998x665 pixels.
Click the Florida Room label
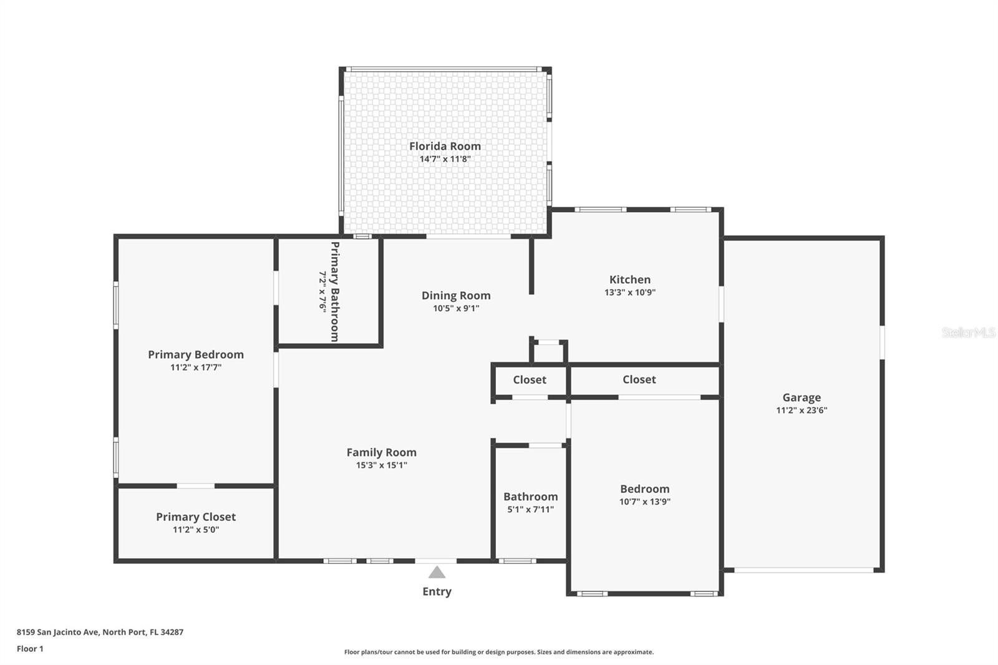point(445,146)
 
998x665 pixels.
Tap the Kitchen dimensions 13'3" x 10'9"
point(630,293)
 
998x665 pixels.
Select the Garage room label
point(802,397)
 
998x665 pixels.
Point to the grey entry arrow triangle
point(437,572)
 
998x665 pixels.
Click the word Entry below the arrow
point(437,591)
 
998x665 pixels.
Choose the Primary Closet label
point(196,517)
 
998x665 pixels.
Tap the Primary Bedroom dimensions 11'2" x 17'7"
point(196,367)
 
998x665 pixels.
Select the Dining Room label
point(456,296)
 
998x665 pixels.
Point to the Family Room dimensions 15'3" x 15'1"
point(381,465)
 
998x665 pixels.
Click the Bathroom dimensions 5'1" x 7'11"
point(530,510)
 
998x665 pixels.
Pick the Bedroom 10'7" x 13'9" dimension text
point(645,502)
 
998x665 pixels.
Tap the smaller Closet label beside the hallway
point(530,380)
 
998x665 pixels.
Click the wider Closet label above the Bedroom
point(639,379)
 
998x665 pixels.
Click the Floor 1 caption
point(30,649)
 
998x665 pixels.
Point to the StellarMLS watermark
point(969,332)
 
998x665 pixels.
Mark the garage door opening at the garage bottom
point(804,570)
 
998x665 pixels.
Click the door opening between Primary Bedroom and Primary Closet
point(196,486)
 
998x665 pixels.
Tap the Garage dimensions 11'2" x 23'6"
point(802,410)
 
